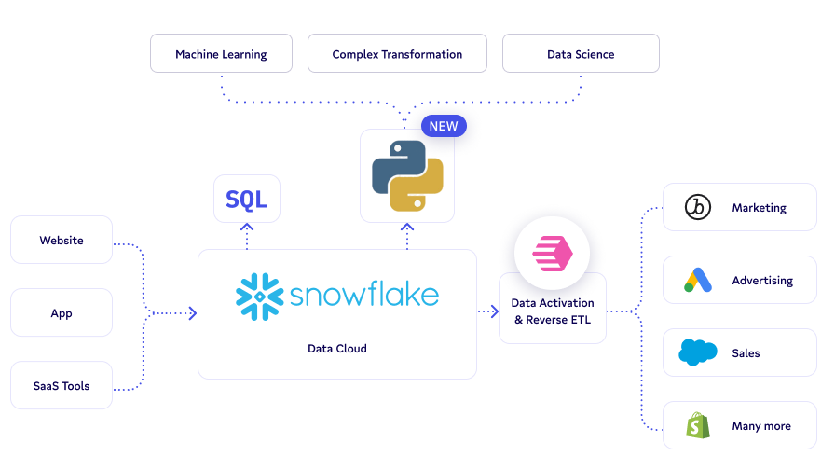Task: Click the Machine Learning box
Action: (x=221, y=54)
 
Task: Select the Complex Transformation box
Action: (x=397, y=54)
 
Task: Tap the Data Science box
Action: (x=581, y=54)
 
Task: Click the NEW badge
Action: (x=444, y=126)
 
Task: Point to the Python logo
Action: (x=407, y=176)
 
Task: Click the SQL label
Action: (x=247, y=199)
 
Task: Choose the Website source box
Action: (x=62, y=241)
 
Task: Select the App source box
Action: (x=62, y=313)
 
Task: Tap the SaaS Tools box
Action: (x=62, y=386)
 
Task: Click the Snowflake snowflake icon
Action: (x=258, y=297)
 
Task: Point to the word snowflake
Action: (x=363, y=296)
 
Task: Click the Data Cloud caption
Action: (x=337, y=349)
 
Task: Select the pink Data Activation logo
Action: (x=553, y=253)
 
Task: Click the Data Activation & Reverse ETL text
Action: (x=553, y=312)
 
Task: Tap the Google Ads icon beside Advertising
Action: (x=698, y=281)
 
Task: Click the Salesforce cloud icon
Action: (x=698, y=352)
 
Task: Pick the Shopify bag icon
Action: (x=698, y=425)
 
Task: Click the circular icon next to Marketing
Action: (x=698, y=208)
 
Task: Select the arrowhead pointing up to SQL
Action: (x=247, y=227)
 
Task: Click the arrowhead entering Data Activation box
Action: (x=494, y=312)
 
